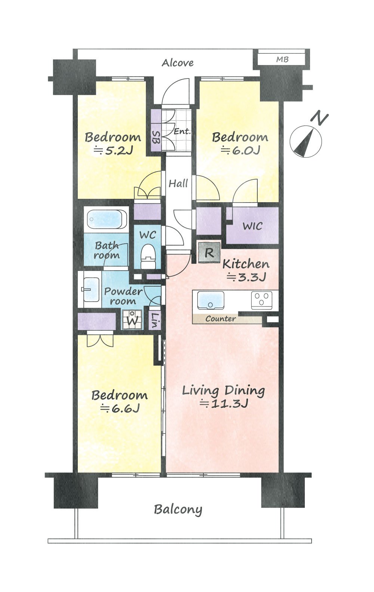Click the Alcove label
178,63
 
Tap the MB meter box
282,59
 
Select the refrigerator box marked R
209,253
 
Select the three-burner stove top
261,300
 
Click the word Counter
221,319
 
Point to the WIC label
252,226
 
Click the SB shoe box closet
156,137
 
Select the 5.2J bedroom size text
113,151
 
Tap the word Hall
178,184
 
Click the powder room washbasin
90,289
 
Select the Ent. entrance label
182,131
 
